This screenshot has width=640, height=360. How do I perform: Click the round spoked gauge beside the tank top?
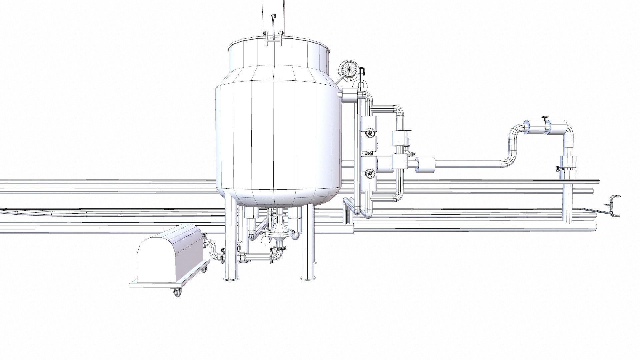pos(348,70)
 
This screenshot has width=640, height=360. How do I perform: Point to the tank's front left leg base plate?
pos(231,278)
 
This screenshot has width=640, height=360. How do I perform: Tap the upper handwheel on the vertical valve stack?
pos(369,133)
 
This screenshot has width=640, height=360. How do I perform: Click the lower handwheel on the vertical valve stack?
pos(369,173)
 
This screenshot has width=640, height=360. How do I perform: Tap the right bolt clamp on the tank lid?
pos(281,37)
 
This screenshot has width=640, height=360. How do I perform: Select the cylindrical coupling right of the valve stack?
pos(426,165)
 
